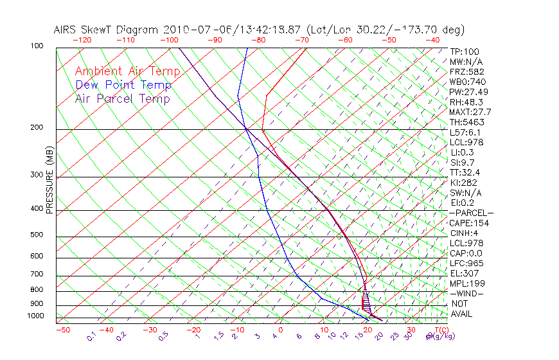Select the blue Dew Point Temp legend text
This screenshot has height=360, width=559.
point(123,85)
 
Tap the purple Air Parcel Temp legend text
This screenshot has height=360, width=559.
point(122,98)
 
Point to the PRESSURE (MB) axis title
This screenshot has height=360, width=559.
point(50,181)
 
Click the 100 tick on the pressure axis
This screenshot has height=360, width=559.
point(37,47)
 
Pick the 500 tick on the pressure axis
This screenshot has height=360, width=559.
point(37,235)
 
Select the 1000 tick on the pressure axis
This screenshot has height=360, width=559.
point(35,316)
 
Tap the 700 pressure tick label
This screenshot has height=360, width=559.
point(37,275)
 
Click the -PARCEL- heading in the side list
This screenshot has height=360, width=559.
point(471,213)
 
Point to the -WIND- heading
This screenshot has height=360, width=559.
point(467,293)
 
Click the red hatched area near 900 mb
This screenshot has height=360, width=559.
point(366,302)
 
